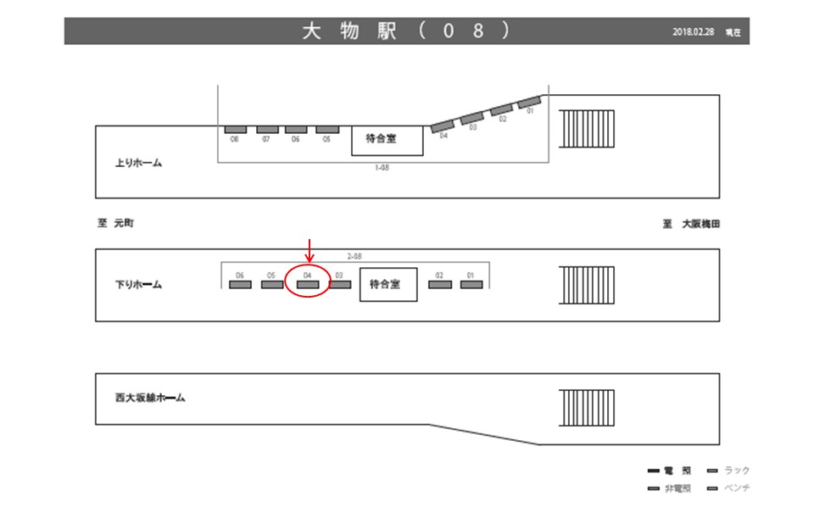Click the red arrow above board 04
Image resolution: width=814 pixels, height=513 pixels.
click(x=310, y=250)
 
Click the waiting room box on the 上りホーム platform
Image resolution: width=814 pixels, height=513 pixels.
click(x=387, y=139)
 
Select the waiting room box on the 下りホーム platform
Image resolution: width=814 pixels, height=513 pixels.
click(x=389, y=285)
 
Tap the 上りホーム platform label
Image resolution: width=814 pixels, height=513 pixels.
click(x=138, y=163)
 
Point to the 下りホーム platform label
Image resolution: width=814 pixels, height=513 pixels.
click(x=138, y=285)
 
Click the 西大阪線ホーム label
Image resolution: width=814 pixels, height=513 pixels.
click(x=150, y=397)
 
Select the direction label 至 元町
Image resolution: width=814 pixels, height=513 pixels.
click(x=116, y=224)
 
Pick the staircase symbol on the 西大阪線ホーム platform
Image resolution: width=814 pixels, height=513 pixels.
click(x=586, y=409)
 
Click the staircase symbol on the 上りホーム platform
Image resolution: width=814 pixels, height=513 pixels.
click(x=586, y=129)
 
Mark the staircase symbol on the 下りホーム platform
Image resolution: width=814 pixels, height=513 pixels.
click(x=586, y=287)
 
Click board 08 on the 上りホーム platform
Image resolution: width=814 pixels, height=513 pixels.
click(x=235, y=130)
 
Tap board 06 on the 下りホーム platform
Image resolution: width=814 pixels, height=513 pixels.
click(x=240, y=285)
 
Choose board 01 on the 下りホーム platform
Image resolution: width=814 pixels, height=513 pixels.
click(x=471, y=285)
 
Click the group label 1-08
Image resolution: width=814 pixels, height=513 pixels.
click(x=382, y=168)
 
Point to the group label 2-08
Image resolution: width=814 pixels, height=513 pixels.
click(x=356, y=256)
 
